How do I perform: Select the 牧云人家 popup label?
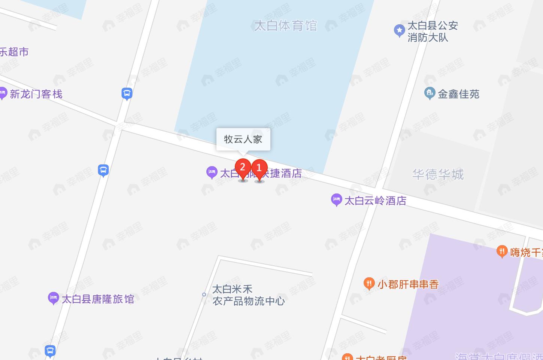coord(243,139)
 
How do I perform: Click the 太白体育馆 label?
coord(285,26)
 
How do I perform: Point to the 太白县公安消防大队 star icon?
coord(399,30)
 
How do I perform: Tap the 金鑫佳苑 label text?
coord(458,94)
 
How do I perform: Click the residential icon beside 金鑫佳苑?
coord(429,93)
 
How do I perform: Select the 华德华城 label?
coord(438,174)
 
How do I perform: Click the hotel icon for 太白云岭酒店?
coord(336,199)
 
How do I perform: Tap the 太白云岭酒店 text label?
coord(375,201)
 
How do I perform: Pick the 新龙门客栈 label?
coord(36,94)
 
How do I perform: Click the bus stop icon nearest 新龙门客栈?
coord(127,93)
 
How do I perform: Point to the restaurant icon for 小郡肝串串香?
coord(369,283)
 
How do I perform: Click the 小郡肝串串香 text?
coord(408,284)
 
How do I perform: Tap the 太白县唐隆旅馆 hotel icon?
coord(53,298)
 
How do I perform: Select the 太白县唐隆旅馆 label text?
coord(98,299)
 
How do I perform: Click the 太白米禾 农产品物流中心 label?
coord(248,295)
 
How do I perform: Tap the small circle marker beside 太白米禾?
coord(204,295)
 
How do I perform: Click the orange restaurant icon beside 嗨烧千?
coord(501,251)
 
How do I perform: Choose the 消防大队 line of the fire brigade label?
coord(428,38)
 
